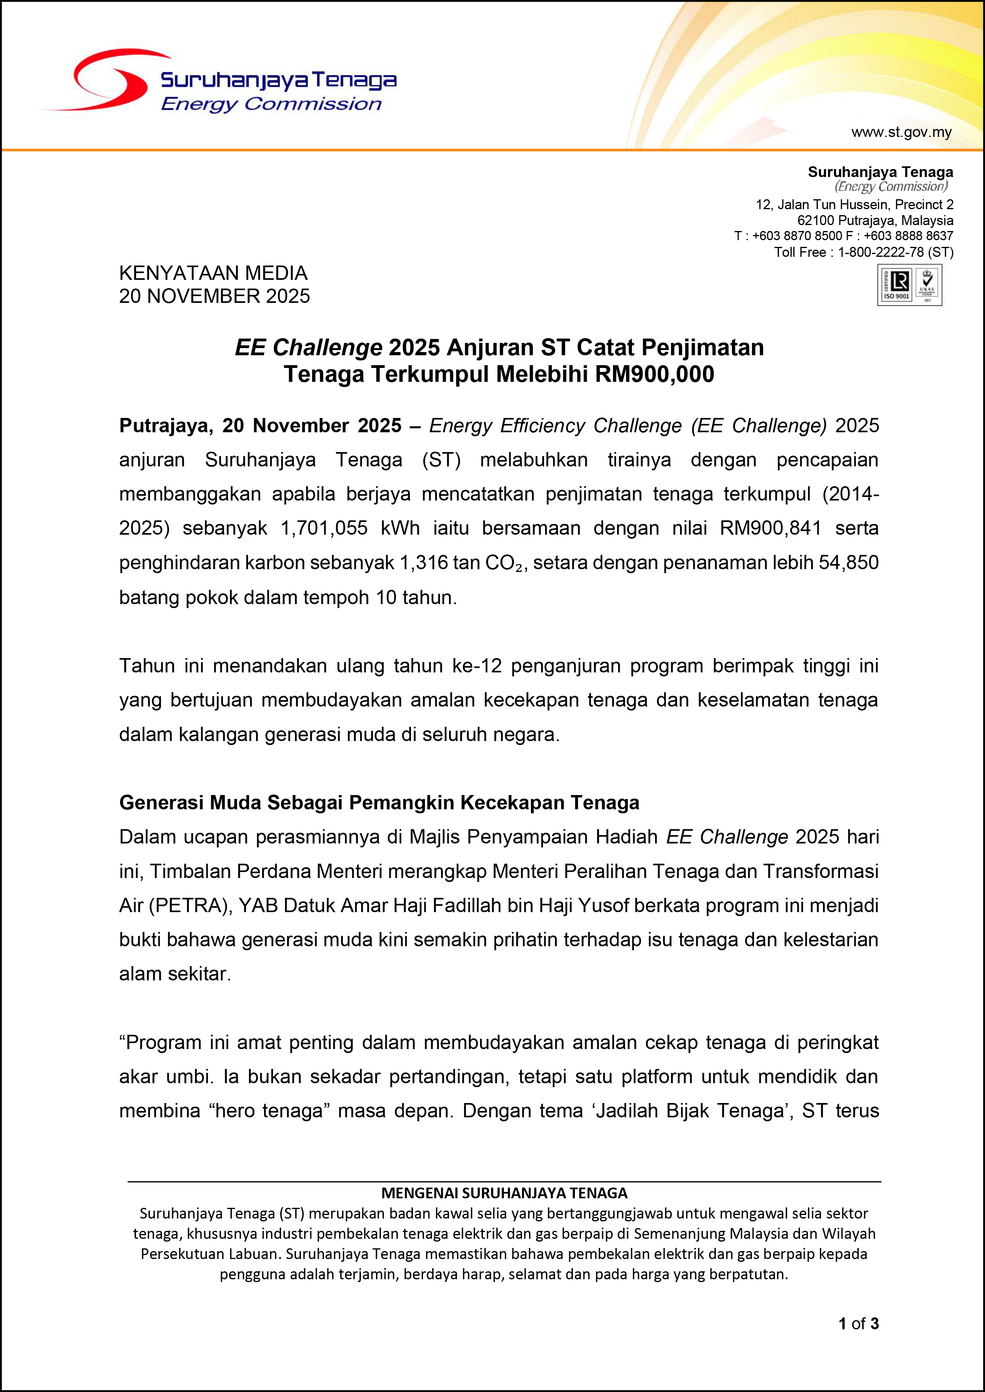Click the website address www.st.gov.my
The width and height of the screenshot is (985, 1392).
pyautogui.click(x=901, y=132)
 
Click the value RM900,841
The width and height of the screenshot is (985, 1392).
pyautogui.click(x=770, y=528)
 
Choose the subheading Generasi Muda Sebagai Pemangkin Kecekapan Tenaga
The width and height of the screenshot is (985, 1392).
pyautogui.click(x=379, y=803)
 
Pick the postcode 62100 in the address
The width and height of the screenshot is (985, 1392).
pyautogui.click(x=816, y=221)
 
